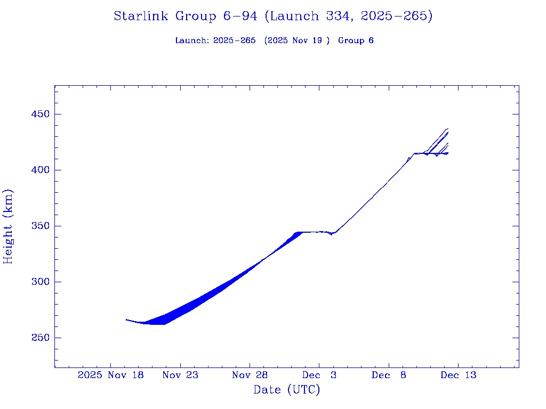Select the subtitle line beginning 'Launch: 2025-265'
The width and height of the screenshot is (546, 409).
[x=274, y=40]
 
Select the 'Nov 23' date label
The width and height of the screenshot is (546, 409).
[x=180, y=375]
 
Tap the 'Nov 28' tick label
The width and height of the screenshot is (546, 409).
[x=250, y=375]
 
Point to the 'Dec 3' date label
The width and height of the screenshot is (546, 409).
[x=319, y=375]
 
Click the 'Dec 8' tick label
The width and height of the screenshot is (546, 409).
[x=389, y=375]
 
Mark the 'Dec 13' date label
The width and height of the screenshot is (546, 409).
[x=458, y=375]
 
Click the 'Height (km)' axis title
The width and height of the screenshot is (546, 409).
[x=8, y=226]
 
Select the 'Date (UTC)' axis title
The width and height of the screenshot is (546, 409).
[x=287, y=390]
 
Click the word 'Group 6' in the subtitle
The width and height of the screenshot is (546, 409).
[x=356, y=40]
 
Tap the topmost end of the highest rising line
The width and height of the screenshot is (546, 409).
[x=447, y=128]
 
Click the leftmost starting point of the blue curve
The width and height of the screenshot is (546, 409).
[x=126, y=320]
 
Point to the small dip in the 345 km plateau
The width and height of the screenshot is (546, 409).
[x=331, y=234]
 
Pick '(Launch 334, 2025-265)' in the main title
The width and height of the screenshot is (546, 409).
[x=349, y=16]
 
